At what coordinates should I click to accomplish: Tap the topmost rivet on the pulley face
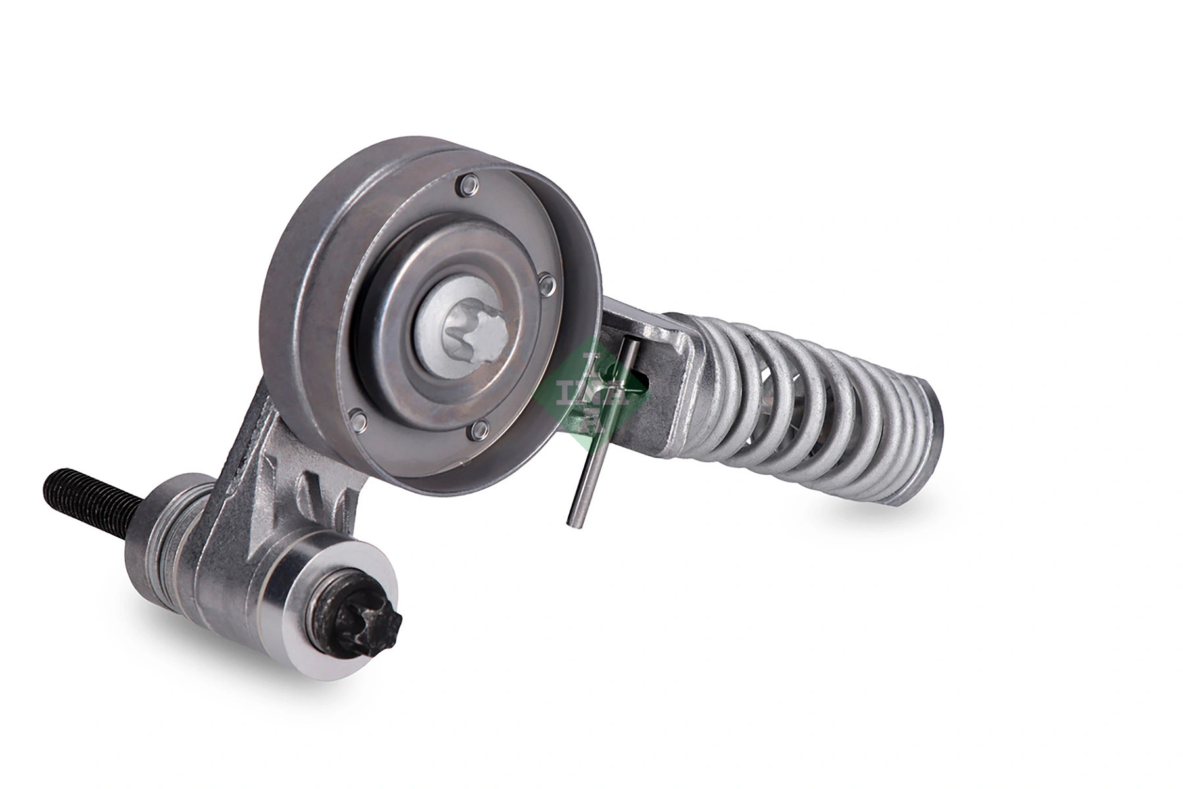(x=467, y=187)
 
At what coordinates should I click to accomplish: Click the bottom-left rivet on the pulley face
(x=357, y=418)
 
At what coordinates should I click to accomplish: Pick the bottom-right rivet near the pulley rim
(x=478, y=431)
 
